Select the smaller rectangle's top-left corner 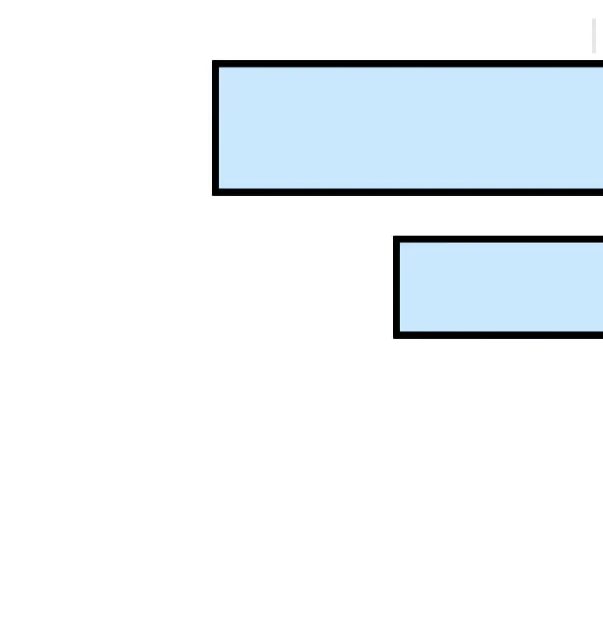(396, 239)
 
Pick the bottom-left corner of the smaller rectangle (396, 335)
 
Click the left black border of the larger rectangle (216, 128)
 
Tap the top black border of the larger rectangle (408, 64)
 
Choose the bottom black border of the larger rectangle (408, 192)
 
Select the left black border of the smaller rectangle (396, 287)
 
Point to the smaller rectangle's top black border (500, 239)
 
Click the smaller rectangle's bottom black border (500, 335)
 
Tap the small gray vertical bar (594, 35)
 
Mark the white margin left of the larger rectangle (106, 128)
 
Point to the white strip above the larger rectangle (391, 31)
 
